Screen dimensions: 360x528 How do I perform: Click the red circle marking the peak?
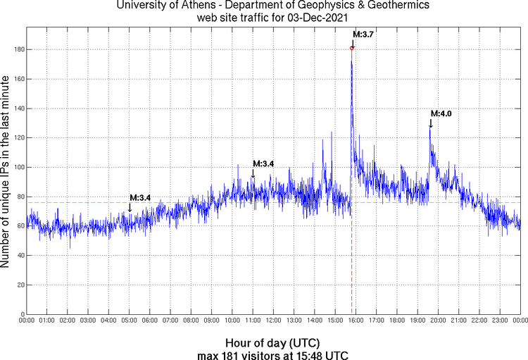coord(352,48)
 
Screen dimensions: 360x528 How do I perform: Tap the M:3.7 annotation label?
coord(363,34)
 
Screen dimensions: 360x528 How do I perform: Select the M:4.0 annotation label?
coord(441,113)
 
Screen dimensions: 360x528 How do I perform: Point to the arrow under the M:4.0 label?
coord(430,123)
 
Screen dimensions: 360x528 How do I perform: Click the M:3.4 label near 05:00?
coord(140,197)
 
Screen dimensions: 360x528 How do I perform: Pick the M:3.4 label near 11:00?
coord(263,163)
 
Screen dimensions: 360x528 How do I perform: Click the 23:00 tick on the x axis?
coord(500,321)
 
